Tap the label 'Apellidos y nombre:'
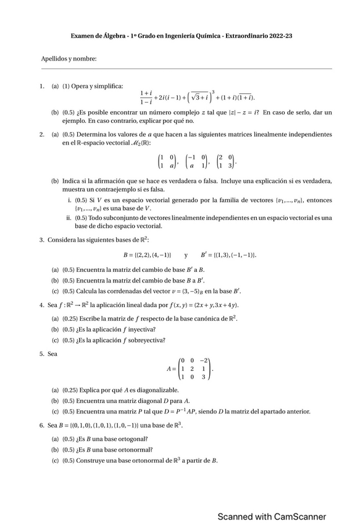point(69,59)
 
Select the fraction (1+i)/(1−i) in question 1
point(146,97)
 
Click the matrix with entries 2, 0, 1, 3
point(225,161)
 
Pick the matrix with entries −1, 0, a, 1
point(196,161)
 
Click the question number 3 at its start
point(41,240)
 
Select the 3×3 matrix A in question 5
point(196,369)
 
